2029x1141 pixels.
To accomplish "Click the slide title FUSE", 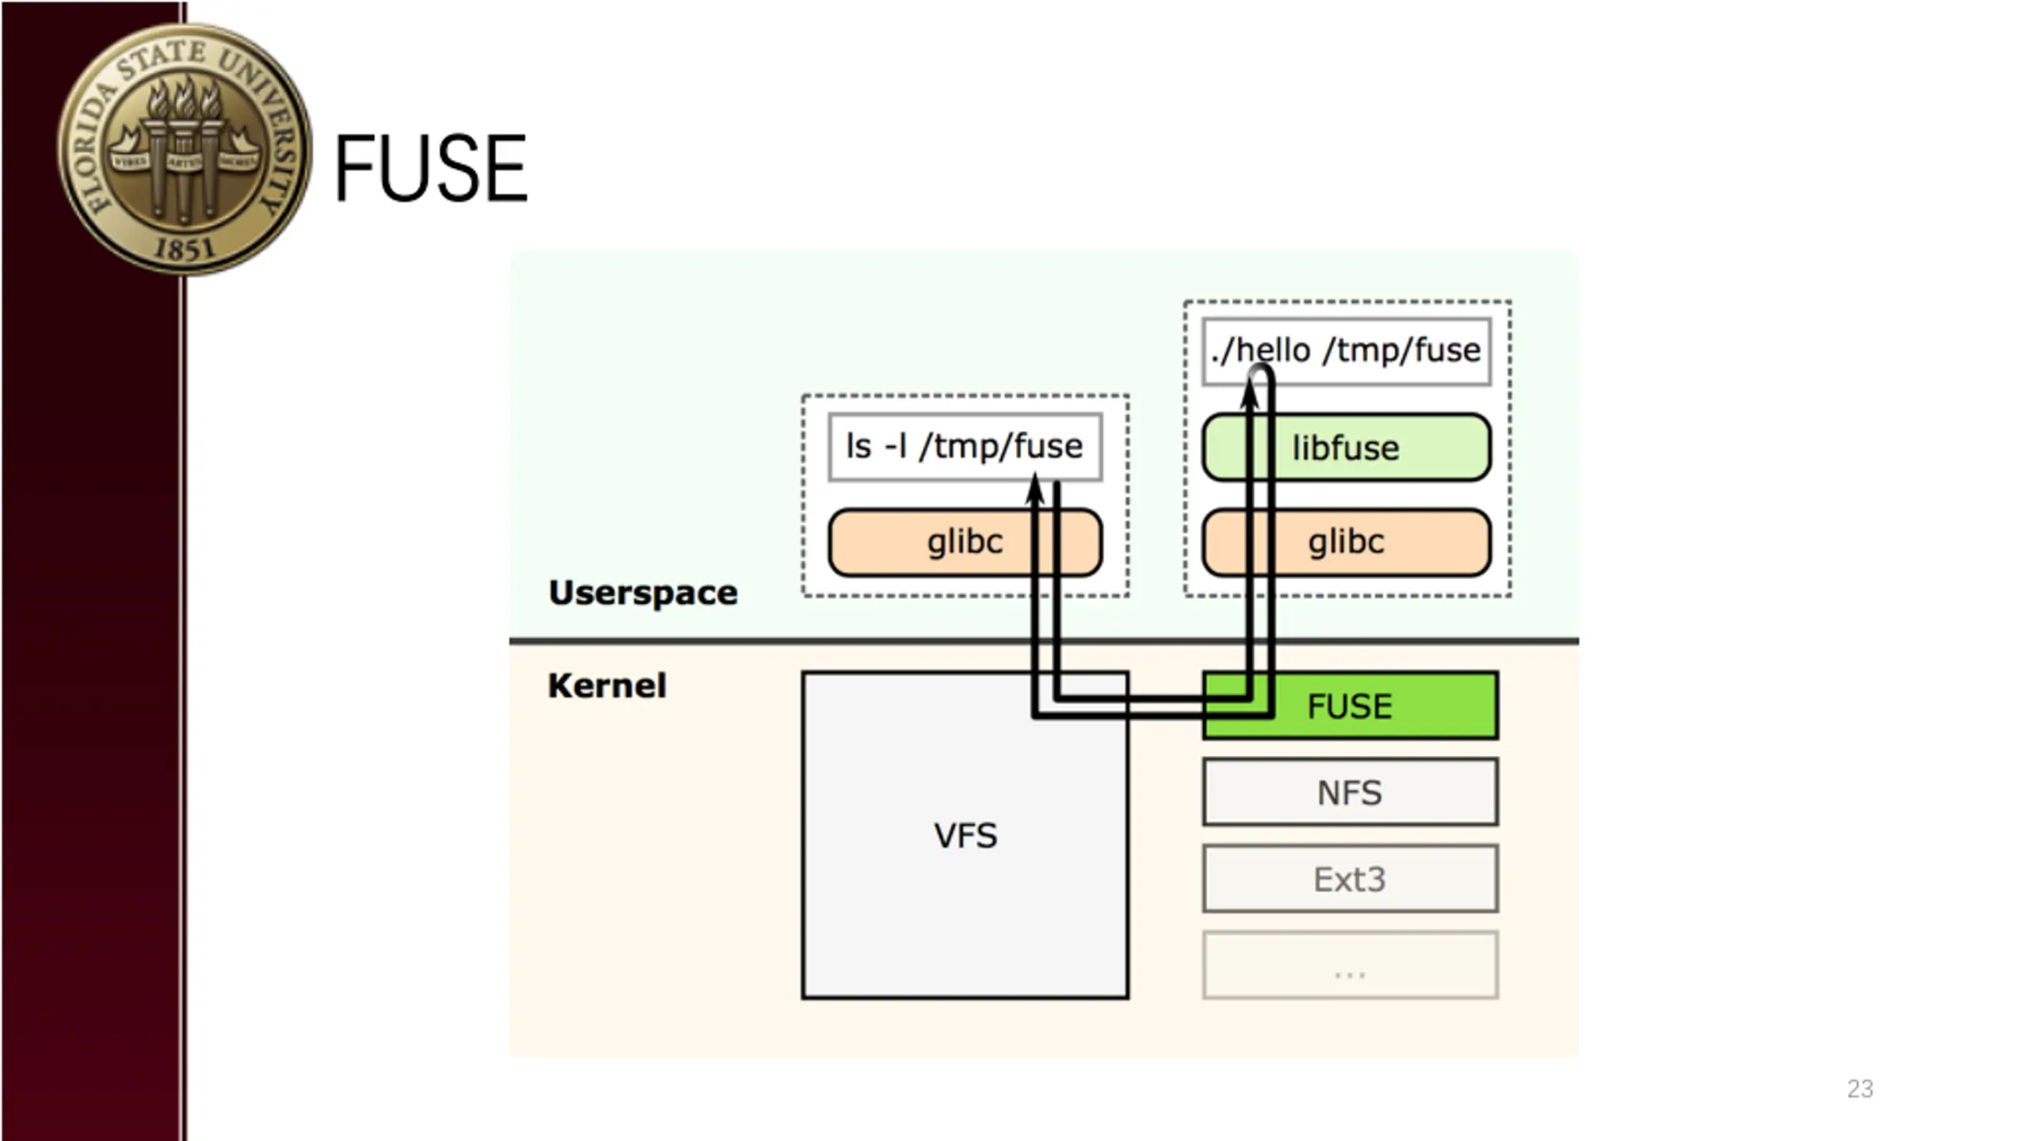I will point(431,169).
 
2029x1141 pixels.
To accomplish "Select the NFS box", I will point(1350,792).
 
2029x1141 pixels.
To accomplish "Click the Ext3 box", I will point(1350,880).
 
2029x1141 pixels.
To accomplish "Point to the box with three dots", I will point(1350,966).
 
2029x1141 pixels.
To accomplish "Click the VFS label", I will point(965,836).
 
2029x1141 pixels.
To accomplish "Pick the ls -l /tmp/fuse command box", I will point(965,447).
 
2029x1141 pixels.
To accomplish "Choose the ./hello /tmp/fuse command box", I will point(1346,351).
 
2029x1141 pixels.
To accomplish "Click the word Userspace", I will point(643,593).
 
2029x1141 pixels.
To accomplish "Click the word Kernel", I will point(607,686).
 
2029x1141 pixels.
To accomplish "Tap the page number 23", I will point(1859,1089).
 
